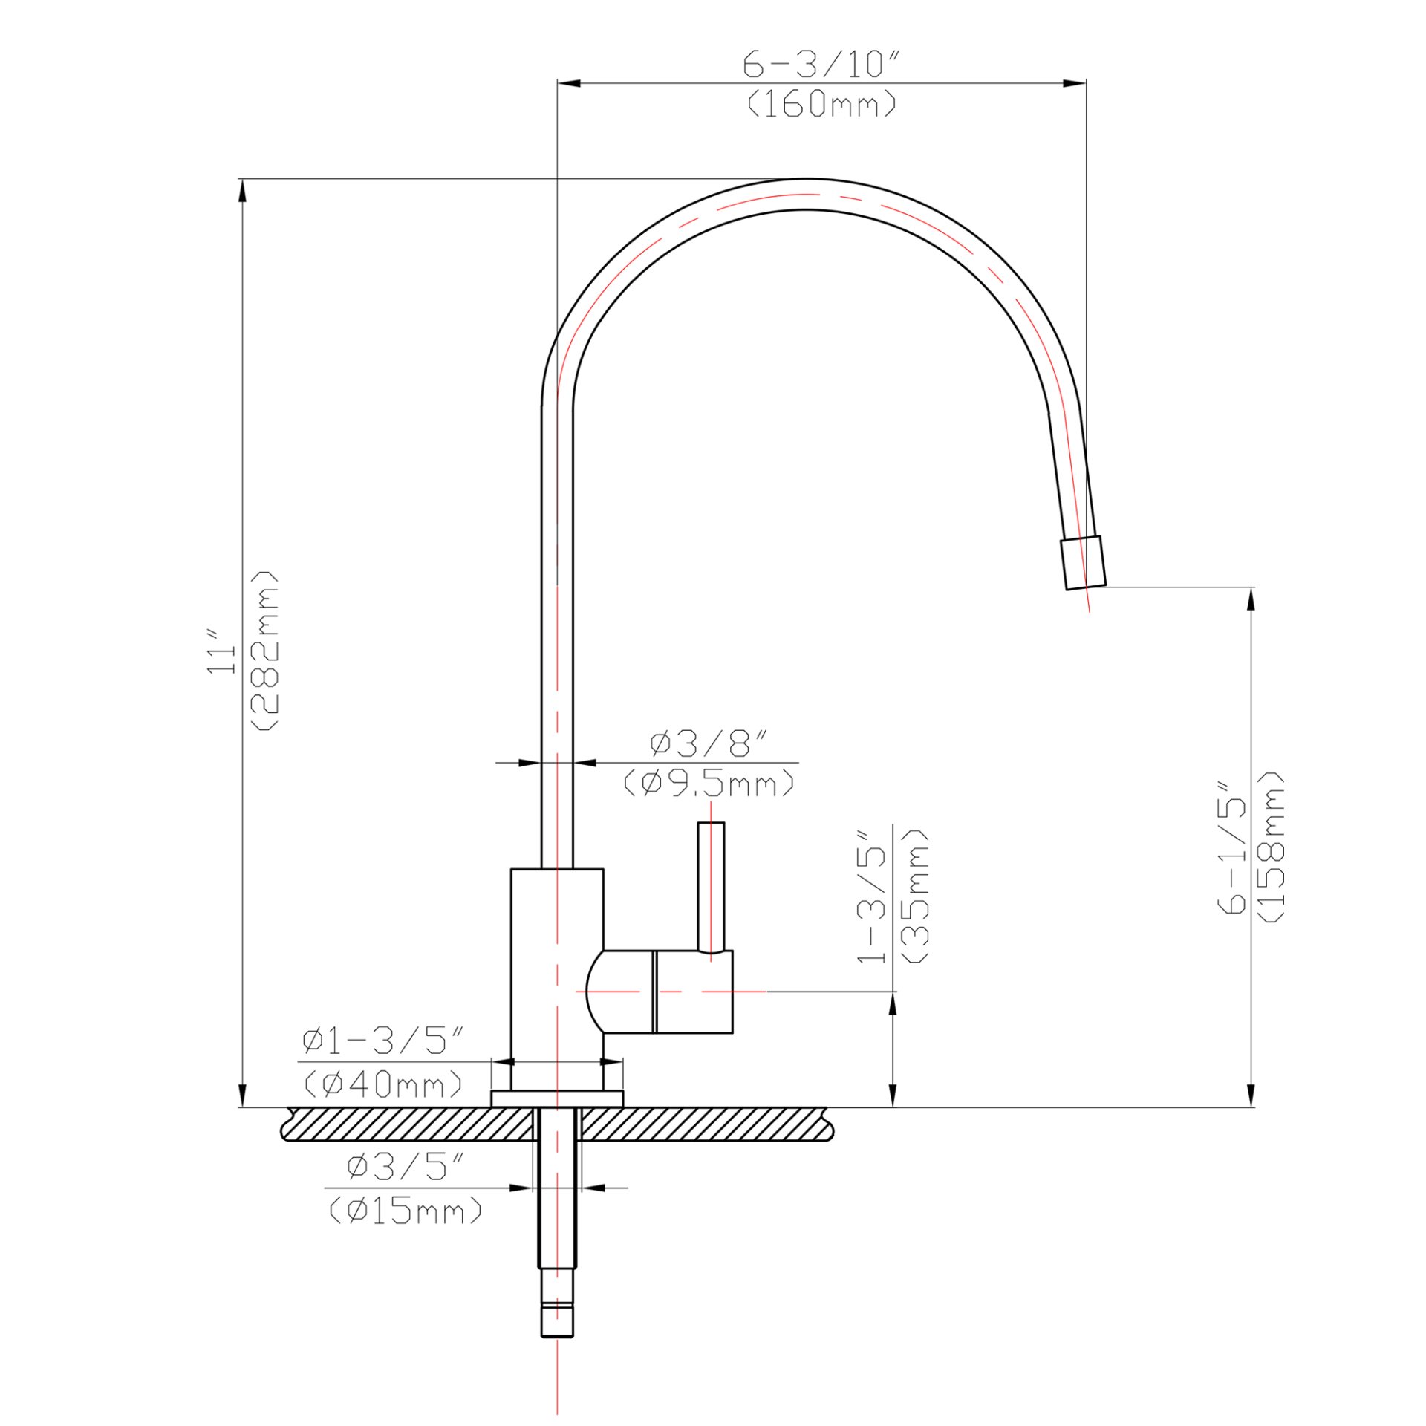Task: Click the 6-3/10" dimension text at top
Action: click(x=821, y=65)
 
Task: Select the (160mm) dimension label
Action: click(x=821, y=105)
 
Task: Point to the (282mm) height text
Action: click(x=265, y=651)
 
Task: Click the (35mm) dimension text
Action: click(x=914, y=896)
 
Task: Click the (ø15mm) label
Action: click(x=406, y=1211)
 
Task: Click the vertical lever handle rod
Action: click(x=711, y=884)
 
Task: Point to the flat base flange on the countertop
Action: click(x=556, y=1098)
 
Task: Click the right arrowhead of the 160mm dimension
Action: click(x=1075, y=83)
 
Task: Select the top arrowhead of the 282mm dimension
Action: click(x=242, y=192)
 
